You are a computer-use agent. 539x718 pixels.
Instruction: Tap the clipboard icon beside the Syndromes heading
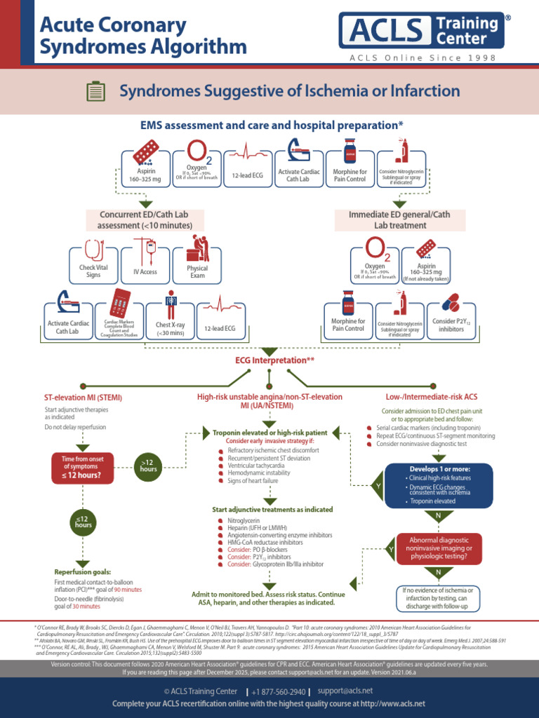point(95,91)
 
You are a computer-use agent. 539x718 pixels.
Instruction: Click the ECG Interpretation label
point(274,360)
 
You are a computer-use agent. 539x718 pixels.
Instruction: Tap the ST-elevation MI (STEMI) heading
point(83,397)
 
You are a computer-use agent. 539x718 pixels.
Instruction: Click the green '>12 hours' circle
point(148,464)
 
